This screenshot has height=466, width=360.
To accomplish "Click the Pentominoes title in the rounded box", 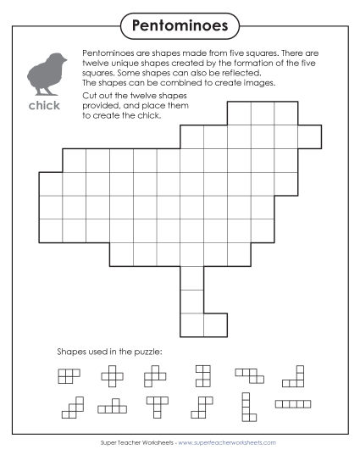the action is (180, 26).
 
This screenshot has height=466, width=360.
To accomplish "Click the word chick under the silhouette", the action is (44, 107).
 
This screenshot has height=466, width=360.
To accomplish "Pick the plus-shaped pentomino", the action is (112, 374).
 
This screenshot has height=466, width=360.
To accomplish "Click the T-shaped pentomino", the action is (157, 406).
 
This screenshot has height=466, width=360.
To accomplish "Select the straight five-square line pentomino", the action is (293, 404).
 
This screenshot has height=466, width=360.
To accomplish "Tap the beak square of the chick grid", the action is (310, 136).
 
